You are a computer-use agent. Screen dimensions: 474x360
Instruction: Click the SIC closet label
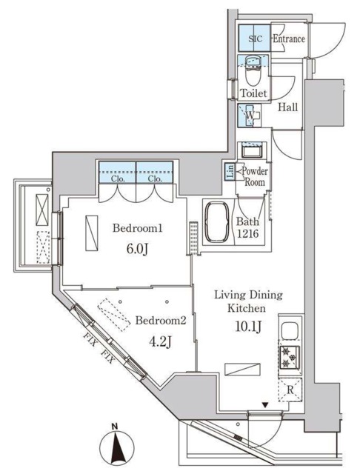tap(254, 39)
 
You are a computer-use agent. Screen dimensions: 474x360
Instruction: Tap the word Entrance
tap(289, 39)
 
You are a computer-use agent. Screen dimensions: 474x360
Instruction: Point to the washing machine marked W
tap(251, 116)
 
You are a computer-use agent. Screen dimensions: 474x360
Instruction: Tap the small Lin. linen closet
tap(230, 173)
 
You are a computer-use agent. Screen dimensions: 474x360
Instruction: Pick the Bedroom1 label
tap(137, 228)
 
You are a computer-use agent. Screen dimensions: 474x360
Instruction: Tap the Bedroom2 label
tap(159, 321)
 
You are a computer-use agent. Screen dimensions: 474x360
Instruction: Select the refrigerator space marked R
tap(290, 388)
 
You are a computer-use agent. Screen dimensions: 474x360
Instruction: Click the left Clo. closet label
tap(117, 178)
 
